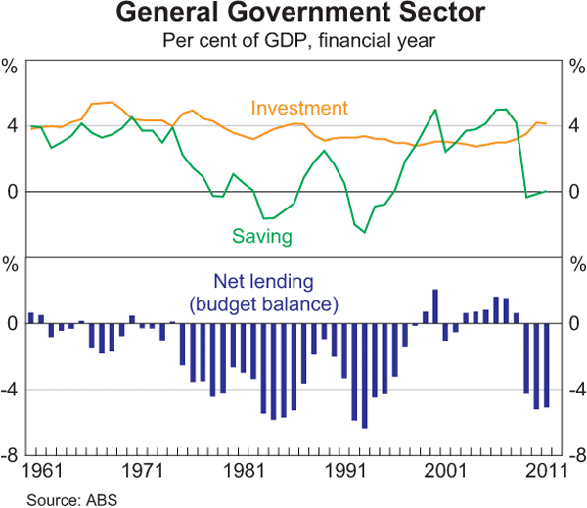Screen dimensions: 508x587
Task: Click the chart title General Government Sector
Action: pos(293,17)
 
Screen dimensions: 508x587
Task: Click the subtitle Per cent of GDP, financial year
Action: pos(293,41)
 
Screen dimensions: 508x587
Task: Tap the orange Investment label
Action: pos(299,108)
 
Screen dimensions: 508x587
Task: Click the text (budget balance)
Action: pos(265,304)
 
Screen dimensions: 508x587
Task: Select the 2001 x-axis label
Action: pos(446,471)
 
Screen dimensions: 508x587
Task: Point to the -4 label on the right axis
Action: pos(574,390)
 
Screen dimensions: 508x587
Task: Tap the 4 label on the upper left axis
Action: pos(13,125)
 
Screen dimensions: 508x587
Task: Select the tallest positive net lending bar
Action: pos(435,305)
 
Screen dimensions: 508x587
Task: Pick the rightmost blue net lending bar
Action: pos(547,365)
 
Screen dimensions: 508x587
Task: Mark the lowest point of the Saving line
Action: pos(365,232)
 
